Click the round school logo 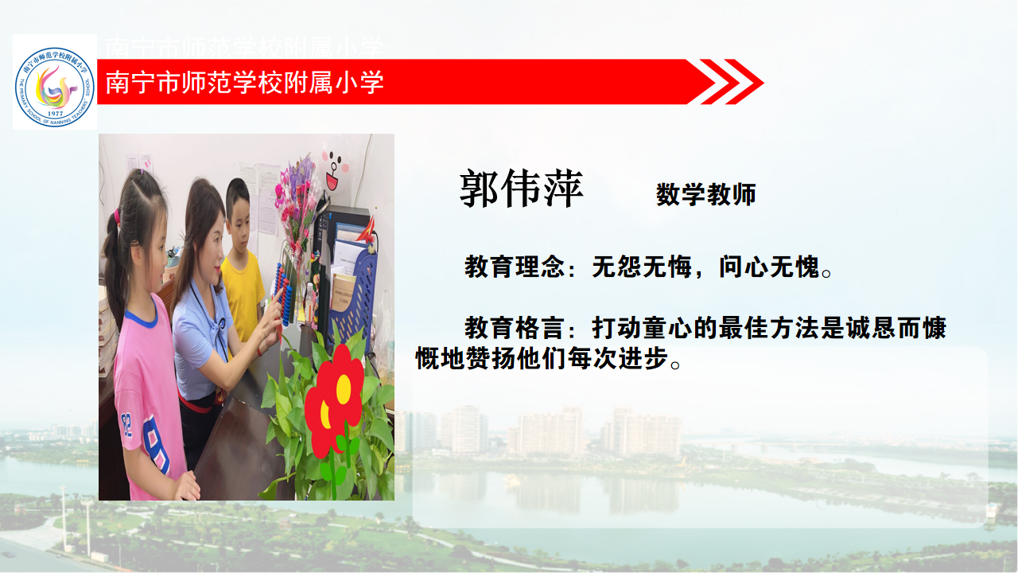[55, 87]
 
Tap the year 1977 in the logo [55, 113]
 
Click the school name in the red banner [244, 82]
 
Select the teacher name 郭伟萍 [521, 189]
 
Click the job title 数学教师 [705, 195]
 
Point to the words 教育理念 [514, 267]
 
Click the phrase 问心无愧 [769, 267]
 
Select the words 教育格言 [514, 328]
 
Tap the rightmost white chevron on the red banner [744, 82]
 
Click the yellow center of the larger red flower [344, 389]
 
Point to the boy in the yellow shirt [242, 259]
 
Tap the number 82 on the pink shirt [126, 425]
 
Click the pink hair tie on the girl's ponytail [117, 216]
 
